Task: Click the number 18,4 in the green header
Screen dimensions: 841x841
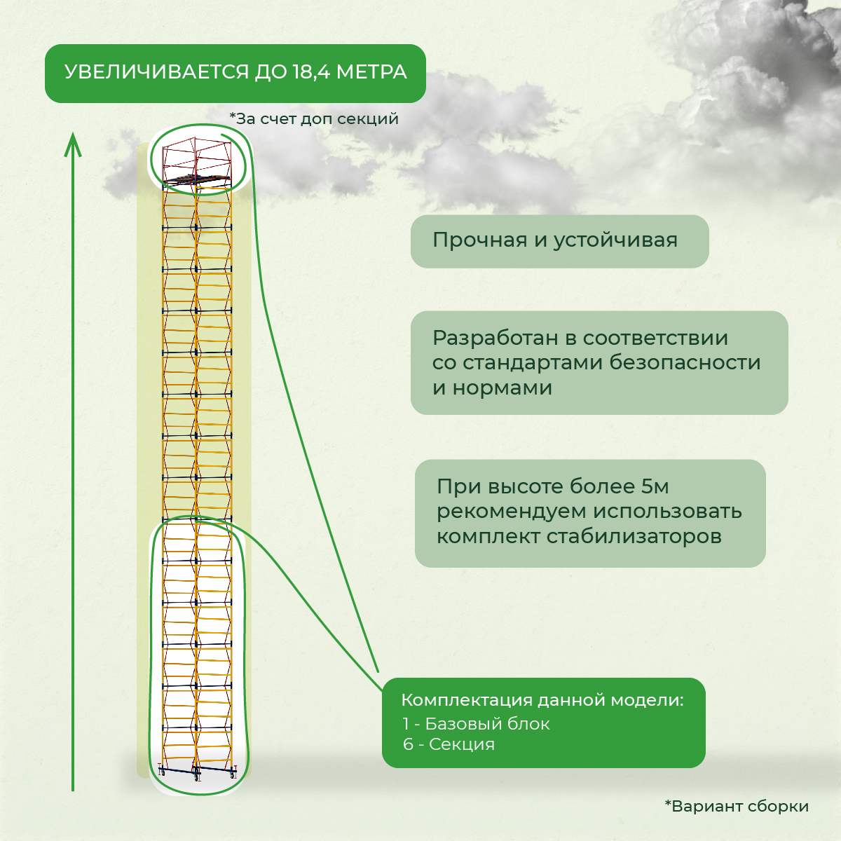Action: click(x=310, y=72)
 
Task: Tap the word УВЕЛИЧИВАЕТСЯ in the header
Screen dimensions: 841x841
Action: click(x=156, y=72)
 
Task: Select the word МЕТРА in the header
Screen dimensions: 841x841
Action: click(x=371, y=72)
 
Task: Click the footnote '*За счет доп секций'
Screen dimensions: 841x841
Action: click(x=314, y=118)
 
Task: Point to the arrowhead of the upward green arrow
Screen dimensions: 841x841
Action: click(x=73, y=145)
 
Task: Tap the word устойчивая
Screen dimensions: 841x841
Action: click(x=615, y=241)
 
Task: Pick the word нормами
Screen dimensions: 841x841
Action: click(x=502, y=388)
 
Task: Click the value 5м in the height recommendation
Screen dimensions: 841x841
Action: click(x=655, y=486)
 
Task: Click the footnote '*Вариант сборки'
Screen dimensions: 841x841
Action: click(x=737, y=806)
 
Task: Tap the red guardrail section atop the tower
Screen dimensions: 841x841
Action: click(x=196, y=159)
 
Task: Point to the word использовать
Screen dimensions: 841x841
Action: click(x=667, y=511)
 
